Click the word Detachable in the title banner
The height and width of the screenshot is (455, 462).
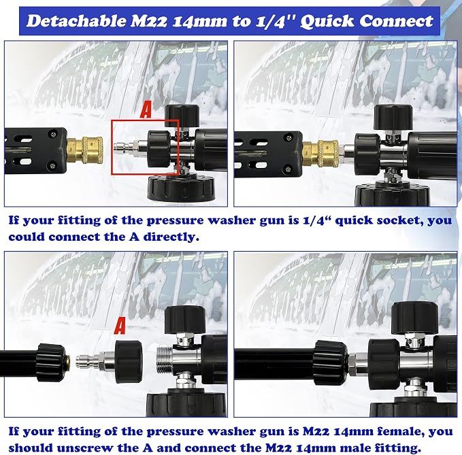76,21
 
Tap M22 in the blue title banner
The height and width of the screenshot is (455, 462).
148,21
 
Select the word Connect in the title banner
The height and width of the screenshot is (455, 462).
396,21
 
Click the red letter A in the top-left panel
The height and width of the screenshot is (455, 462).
146,109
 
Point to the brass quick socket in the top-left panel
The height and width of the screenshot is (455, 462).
85,150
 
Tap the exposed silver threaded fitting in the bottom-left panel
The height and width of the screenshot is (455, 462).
164,358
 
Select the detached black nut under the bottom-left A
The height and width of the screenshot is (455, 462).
128,361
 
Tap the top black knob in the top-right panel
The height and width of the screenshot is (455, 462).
393,117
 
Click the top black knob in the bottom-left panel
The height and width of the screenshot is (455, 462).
185,320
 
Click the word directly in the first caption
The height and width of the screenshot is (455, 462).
171,237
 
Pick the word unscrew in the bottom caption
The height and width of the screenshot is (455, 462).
85,448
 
